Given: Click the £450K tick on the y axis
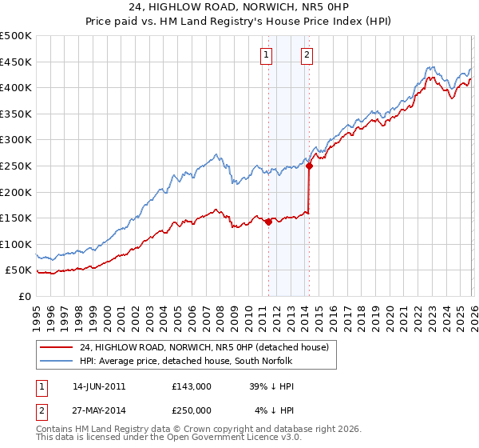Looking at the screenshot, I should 16,62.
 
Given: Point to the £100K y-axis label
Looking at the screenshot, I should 16,244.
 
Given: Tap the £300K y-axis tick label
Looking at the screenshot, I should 16,140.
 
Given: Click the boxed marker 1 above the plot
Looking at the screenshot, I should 265,55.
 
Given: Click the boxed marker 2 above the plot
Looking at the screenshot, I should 307,55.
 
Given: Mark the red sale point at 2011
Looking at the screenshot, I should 268,222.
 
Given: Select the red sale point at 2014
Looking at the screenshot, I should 309,166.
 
